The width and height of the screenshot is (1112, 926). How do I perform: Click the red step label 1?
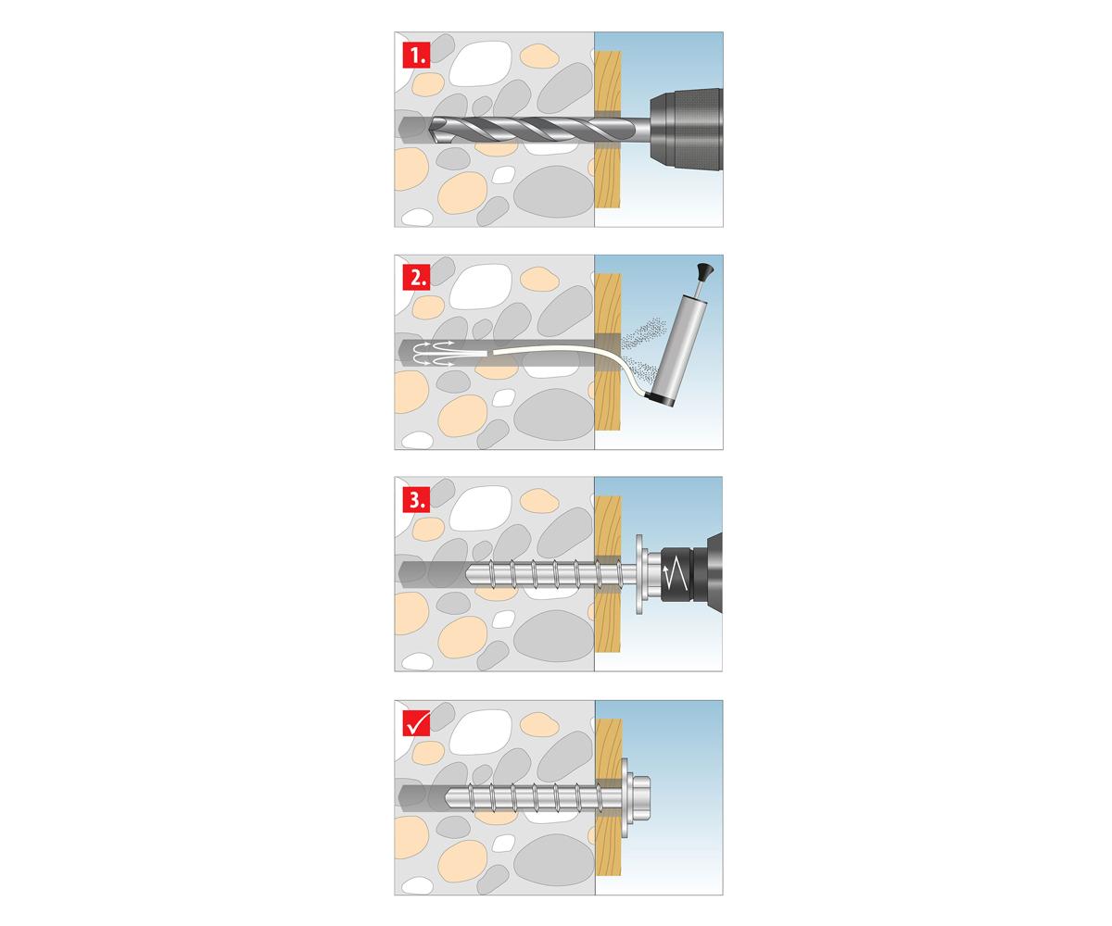point(416,56)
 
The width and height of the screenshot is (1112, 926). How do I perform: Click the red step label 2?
point(416,278)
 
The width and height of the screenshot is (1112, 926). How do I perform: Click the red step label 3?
point(416,500)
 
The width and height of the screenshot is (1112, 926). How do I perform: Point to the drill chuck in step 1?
point(686,130)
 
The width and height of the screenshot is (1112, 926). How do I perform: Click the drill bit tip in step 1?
point(432,130)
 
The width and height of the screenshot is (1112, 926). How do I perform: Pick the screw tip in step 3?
point(469,574)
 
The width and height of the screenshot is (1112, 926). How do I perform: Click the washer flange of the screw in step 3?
point(639,575)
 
